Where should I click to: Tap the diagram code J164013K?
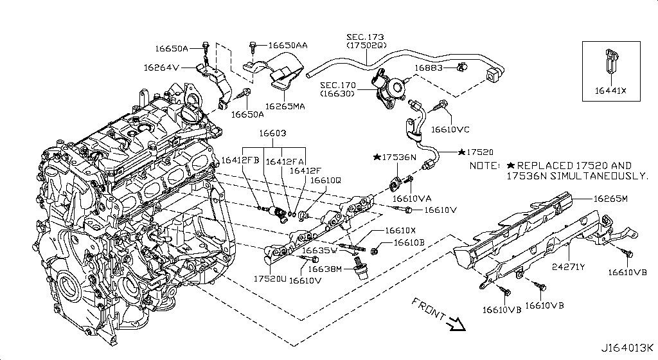coord(628,348)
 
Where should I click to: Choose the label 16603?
coord(272,134)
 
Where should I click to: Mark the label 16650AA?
coord(287,46)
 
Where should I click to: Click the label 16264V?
coord(161,66)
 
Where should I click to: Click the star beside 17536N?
coord(377,157)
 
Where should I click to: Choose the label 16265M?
coord(611,199)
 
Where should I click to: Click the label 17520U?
coord(270,279)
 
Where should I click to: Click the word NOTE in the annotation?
coord(485,166)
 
